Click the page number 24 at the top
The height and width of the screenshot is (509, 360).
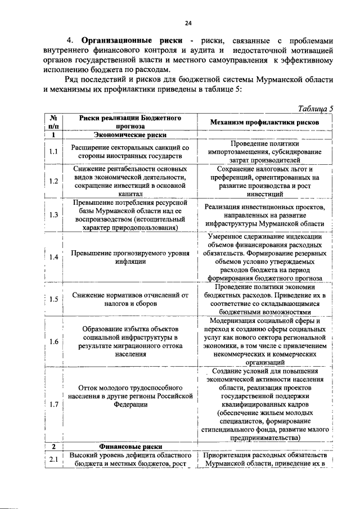click(x=188, y=22)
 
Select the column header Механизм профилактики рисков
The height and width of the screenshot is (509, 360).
click(x=264, y=122)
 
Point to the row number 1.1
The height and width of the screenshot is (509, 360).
click(x=53, y=152)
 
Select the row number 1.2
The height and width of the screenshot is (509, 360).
click(x=53, y=181)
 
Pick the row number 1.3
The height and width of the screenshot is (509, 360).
click(x=53, y=215)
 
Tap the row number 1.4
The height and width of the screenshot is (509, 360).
click(x=53, y=257)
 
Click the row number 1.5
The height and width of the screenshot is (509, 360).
click(x=53, y=299)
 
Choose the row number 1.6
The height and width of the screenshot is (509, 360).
click(x=53, y=341)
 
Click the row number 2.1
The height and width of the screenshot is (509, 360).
click(x=53, y=460)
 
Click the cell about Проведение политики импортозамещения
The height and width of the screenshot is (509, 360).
click(x=264, y=152)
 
